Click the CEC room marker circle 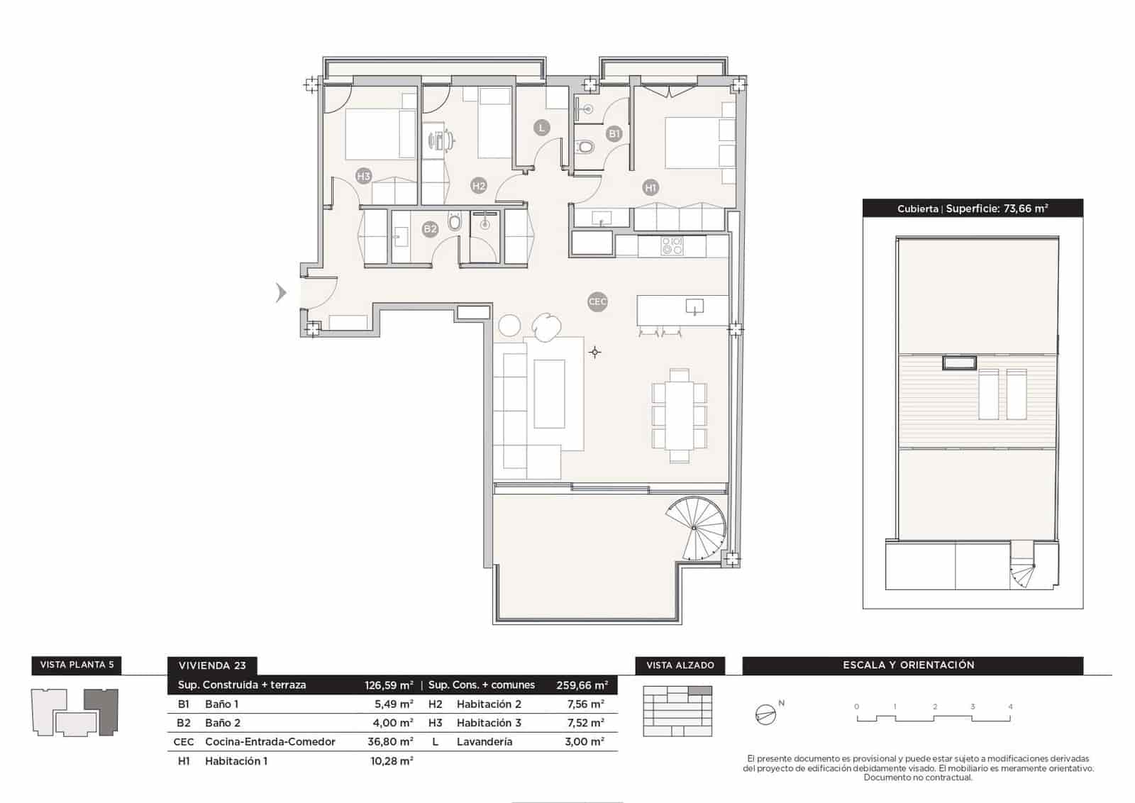[597, 301]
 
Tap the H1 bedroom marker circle [650, 188]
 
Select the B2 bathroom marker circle [430, 228]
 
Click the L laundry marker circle [541, 128]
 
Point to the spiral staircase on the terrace [697, 529]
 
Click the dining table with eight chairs [680, 415]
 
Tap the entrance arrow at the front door [281, 292]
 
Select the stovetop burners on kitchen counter [672, 246]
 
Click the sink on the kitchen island [694, 306]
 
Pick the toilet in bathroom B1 [585, 148]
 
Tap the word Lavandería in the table [485, 741]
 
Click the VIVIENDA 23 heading [212, 665]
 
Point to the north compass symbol [765, 714]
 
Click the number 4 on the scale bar [1010, 707]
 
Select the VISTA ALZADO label [680, 665]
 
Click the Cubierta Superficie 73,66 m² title [973, 209]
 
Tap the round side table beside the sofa [509, 326]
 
